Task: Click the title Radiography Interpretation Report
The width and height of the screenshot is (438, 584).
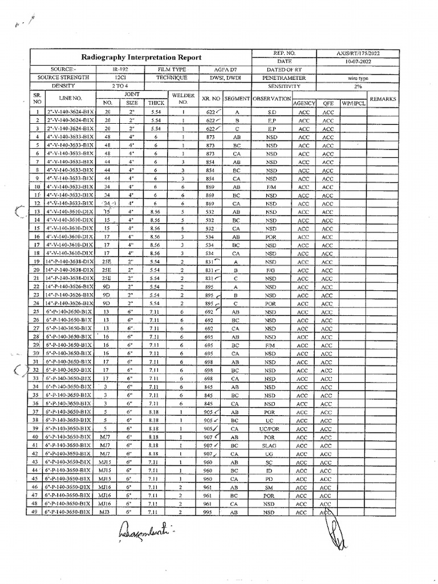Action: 141,58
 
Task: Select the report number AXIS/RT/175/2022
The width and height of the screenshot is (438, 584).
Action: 358,53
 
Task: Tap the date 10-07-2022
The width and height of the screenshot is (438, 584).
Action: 358,61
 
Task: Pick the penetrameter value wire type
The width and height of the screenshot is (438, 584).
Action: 358,78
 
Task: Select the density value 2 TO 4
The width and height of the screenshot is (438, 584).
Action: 120,86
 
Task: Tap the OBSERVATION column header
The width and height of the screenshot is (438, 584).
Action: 271,99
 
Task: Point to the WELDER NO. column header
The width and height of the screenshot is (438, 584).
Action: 183,99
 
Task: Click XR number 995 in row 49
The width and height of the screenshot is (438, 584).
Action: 209,512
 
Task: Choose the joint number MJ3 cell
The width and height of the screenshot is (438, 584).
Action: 104,512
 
